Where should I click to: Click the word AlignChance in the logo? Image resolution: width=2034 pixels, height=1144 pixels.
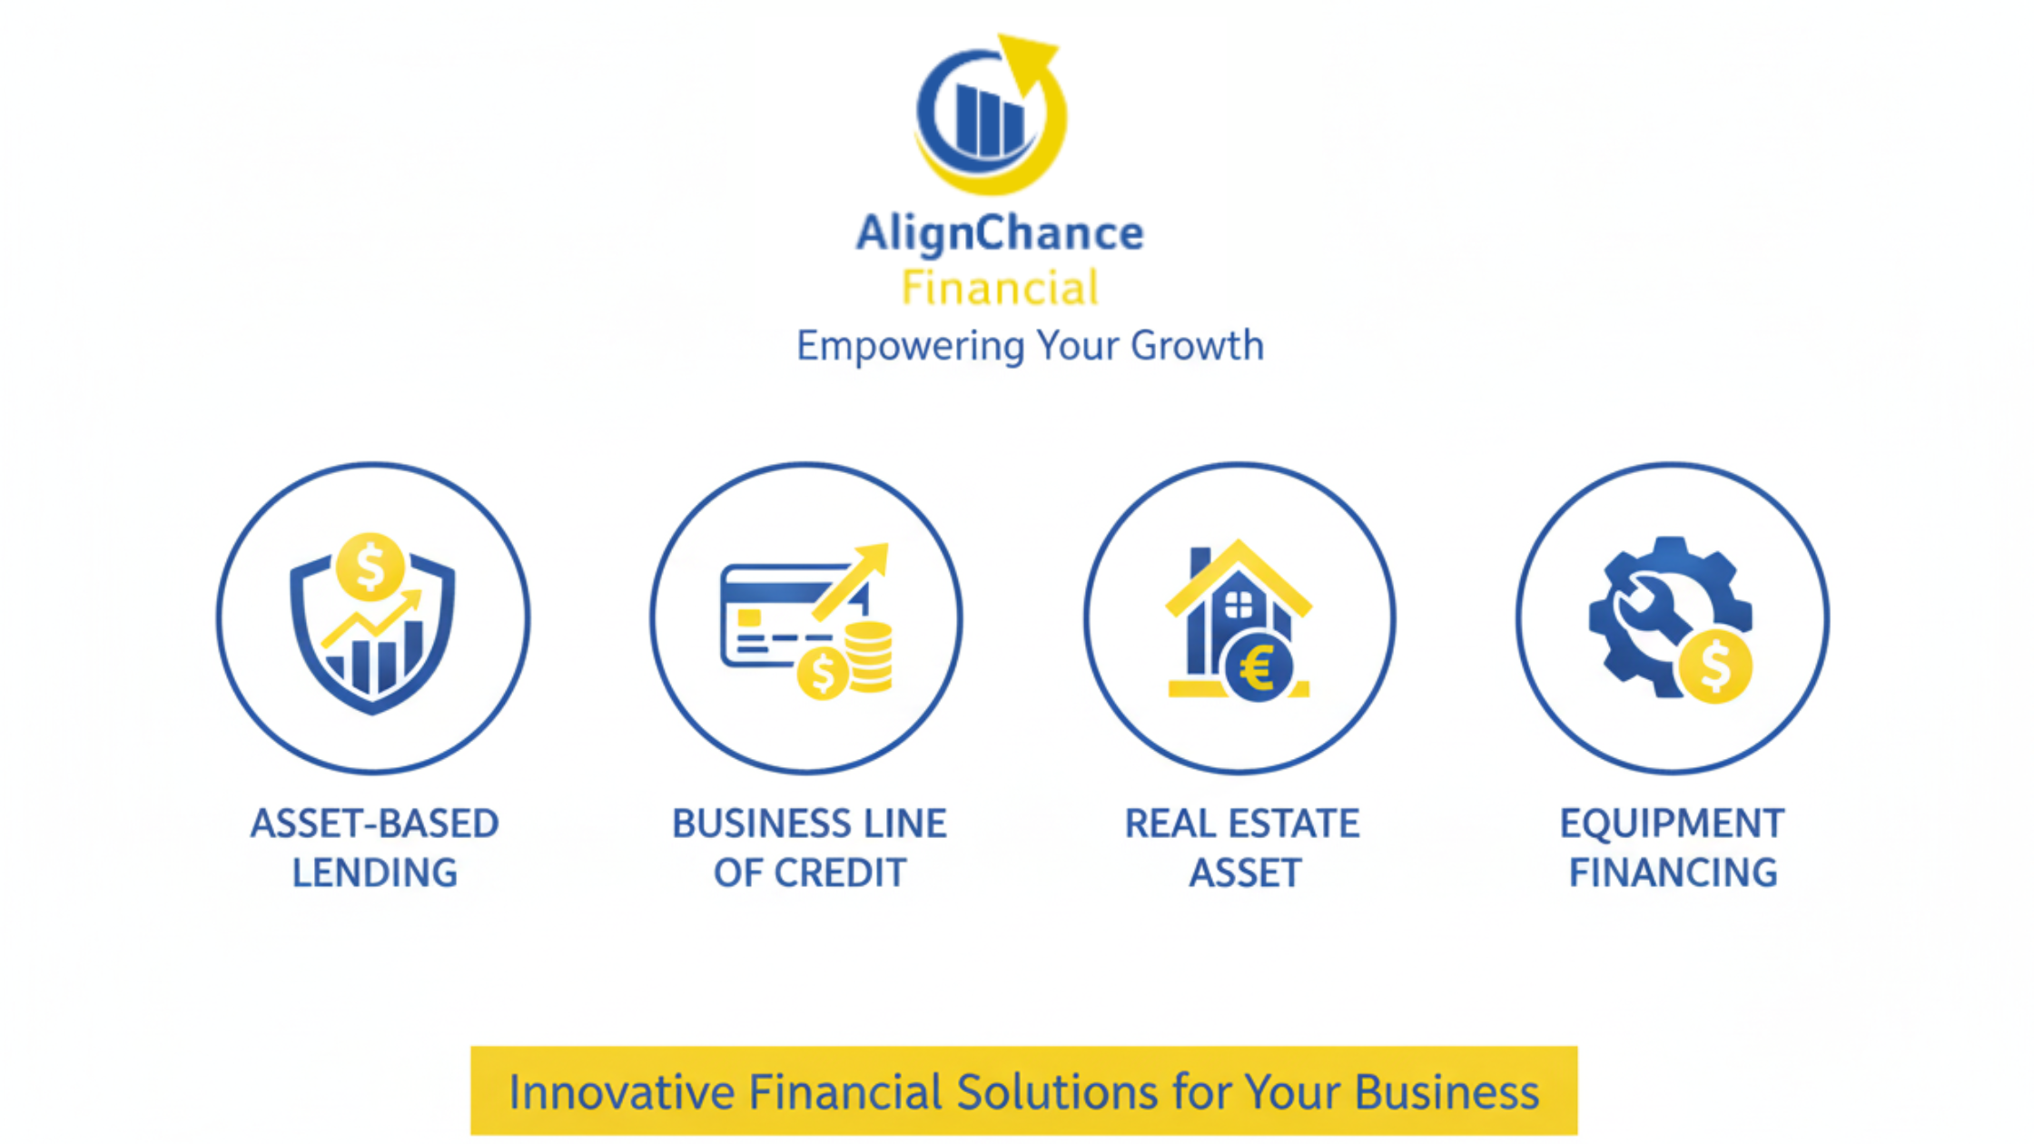(1000, 234)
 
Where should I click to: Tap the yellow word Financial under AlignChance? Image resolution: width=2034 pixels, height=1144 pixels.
(1000, 288)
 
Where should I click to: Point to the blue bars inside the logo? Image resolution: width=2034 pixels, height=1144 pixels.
(989, 120)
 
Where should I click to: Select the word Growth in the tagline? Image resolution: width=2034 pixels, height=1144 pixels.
(1197, 346)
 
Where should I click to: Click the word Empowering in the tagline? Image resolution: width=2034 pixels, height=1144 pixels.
(911, 347)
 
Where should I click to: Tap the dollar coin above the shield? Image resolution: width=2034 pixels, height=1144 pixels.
(370, 567)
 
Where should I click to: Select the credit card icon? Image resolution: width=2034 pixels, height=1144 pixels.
(793, 617)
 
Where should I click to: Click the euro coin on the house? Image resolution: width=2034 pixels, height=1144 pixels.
(1259, 668)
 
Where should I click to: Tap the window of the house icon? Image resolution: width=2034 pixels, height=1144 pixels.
(1239, 605)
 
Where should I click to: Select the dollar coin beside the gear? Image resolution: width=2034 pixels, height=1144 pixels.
(1714, 666)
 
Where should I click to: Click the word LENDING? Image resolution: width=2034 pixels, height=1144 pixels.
(374, 873)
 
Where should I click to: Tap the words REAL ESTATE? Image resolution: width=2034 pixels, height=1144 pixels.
(1242, 823)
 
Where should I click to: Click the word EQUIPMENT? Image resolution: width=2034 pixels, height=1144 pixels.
(1673, 823)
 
